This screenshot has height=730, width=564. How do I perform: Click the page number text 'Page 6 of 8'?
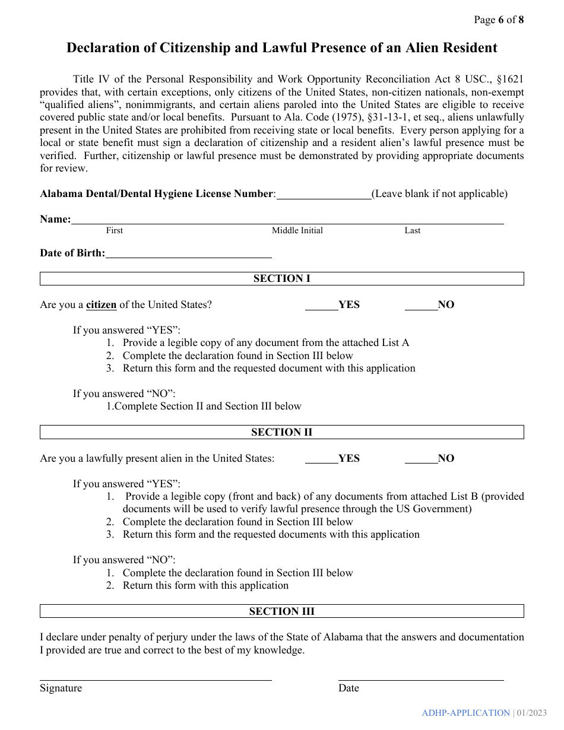tap(499, 20)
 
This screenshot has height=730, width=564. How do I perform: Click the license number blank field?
tap(324, 194)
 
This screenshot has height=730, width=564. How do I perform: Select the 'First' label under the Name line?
tap(115, 231)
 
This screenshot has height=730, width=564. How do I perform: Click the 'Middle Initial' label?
tap(297, 231)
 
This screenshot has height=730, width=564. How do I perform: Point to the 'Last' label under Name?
tap(413, 231)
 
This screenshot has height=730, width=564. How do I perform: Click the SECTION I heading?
tap(281, 278)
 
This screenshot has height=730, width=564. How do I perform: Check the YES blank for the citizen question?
tap(321, 305)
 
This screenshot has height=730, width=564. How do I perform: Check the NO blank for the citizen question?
tap(421, 305)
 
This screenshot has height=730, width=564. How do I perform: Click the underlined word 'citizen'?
tap(101, 305)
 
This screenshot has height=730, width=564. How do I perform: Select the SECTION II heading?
tap(281, 432)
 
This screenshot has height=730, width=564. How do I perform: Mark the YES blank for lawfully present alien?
tap(321, 459)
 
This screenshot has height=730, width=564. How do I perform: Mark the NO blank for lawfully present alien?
tap(421, 459)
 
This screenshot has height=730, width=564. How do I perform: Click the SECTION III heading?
tap(281, 611)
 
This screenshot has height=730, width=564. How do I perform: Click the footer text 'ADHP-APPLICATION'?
tap(466, 713)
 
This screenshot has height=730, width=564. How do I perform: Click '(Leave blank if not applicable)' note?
tap(439, 194)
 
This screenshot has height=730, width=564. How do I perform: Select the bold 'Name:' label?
tap(55, 220)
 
